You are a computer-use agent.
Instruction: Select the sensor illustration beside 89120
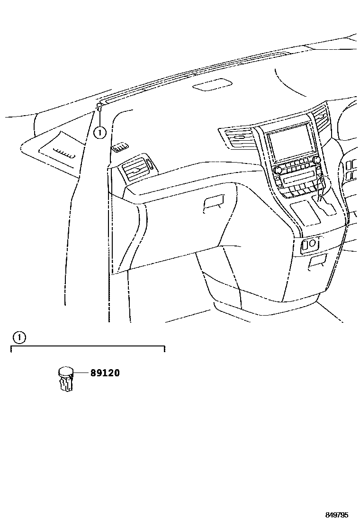coord(65,379)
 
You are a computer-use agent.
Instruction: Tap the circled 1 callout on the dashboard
coord(99,133)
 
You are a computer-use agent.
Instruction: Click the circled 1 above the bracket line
coord(18,337)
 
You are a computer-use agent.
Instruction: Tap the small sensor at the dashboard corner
coord(99,106)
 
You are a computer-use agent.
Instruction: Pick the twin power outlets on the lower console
coord(308,244)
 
